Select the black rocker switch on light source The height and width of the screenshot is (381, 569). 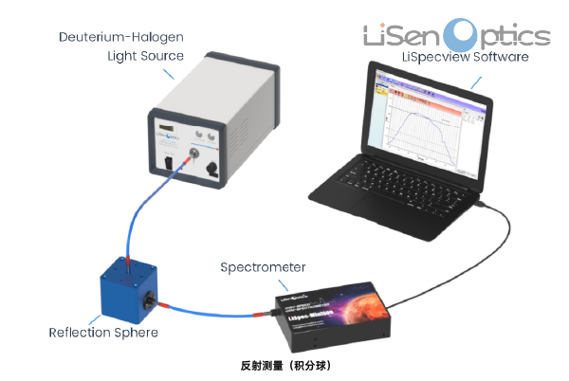pos(168,162)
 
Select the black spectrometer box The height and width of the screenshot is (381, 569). pos(332,315)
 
